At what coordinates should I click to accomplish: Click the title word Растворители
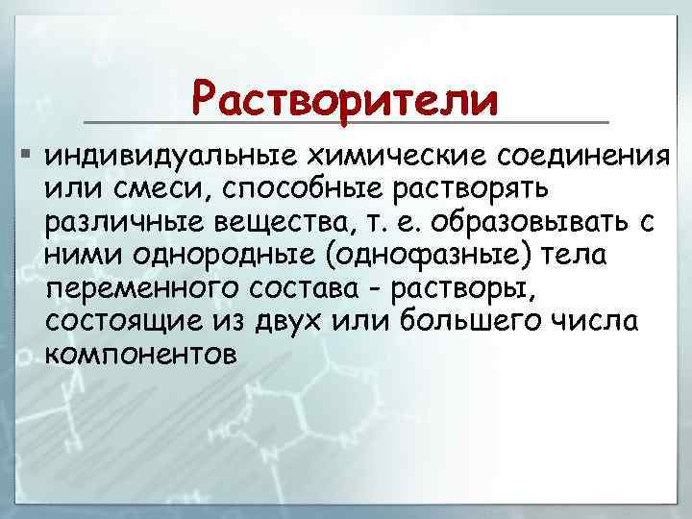345,99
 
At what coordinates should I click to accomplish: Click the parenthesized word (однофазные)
408,256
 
